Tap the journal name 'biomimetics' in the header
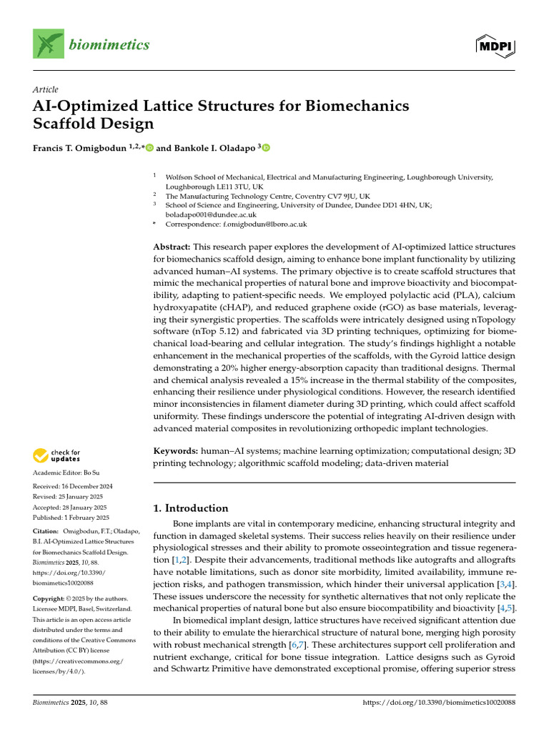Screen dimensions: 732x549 pyautogui.click(x=109, y=45)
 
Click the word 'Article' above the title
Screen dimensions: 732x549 pyautogui.click(x=46, y=89)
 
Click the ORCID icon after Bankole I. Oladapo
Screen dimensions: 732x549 pyautogui.click(x=266, y=148)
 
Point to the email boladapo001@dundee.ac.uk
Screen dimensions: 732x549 pyautogui.click(x=211, y=214)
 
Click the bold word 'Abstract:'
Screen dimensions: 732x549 pyautogui.click(x=175, y=247)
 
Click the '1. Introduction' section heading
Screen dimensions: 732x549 pyautogui.click(x=191, y=508)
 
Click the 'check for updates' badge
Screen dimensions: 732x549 pyautogui.click(x=56, y=456)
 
